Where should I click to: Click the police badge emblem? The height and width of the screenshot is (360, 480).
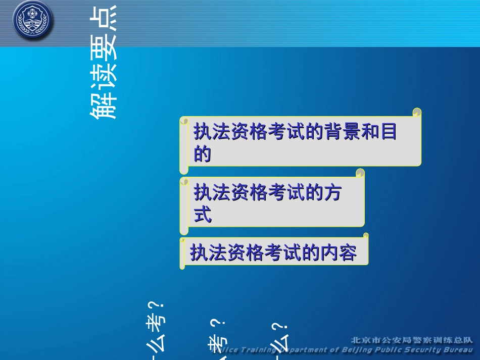[32, 21]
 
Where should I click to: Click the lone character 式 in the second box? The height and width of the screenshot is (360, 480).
[203, 216]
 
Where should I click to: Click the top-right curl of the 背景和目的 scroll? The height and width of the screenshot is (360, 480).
[417, 112]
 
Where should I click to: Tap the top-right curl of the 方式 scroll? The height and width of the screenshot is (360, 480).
[360, 173]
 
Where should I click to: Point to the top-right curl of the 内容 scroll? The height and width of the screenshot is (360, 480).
[365, 236]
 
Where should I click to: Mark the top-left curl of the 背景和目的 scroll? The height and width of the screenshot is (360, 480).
[184, 121]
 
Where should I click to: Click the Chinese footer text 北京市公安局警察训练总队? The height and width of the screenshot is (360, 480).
[411, 340]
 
